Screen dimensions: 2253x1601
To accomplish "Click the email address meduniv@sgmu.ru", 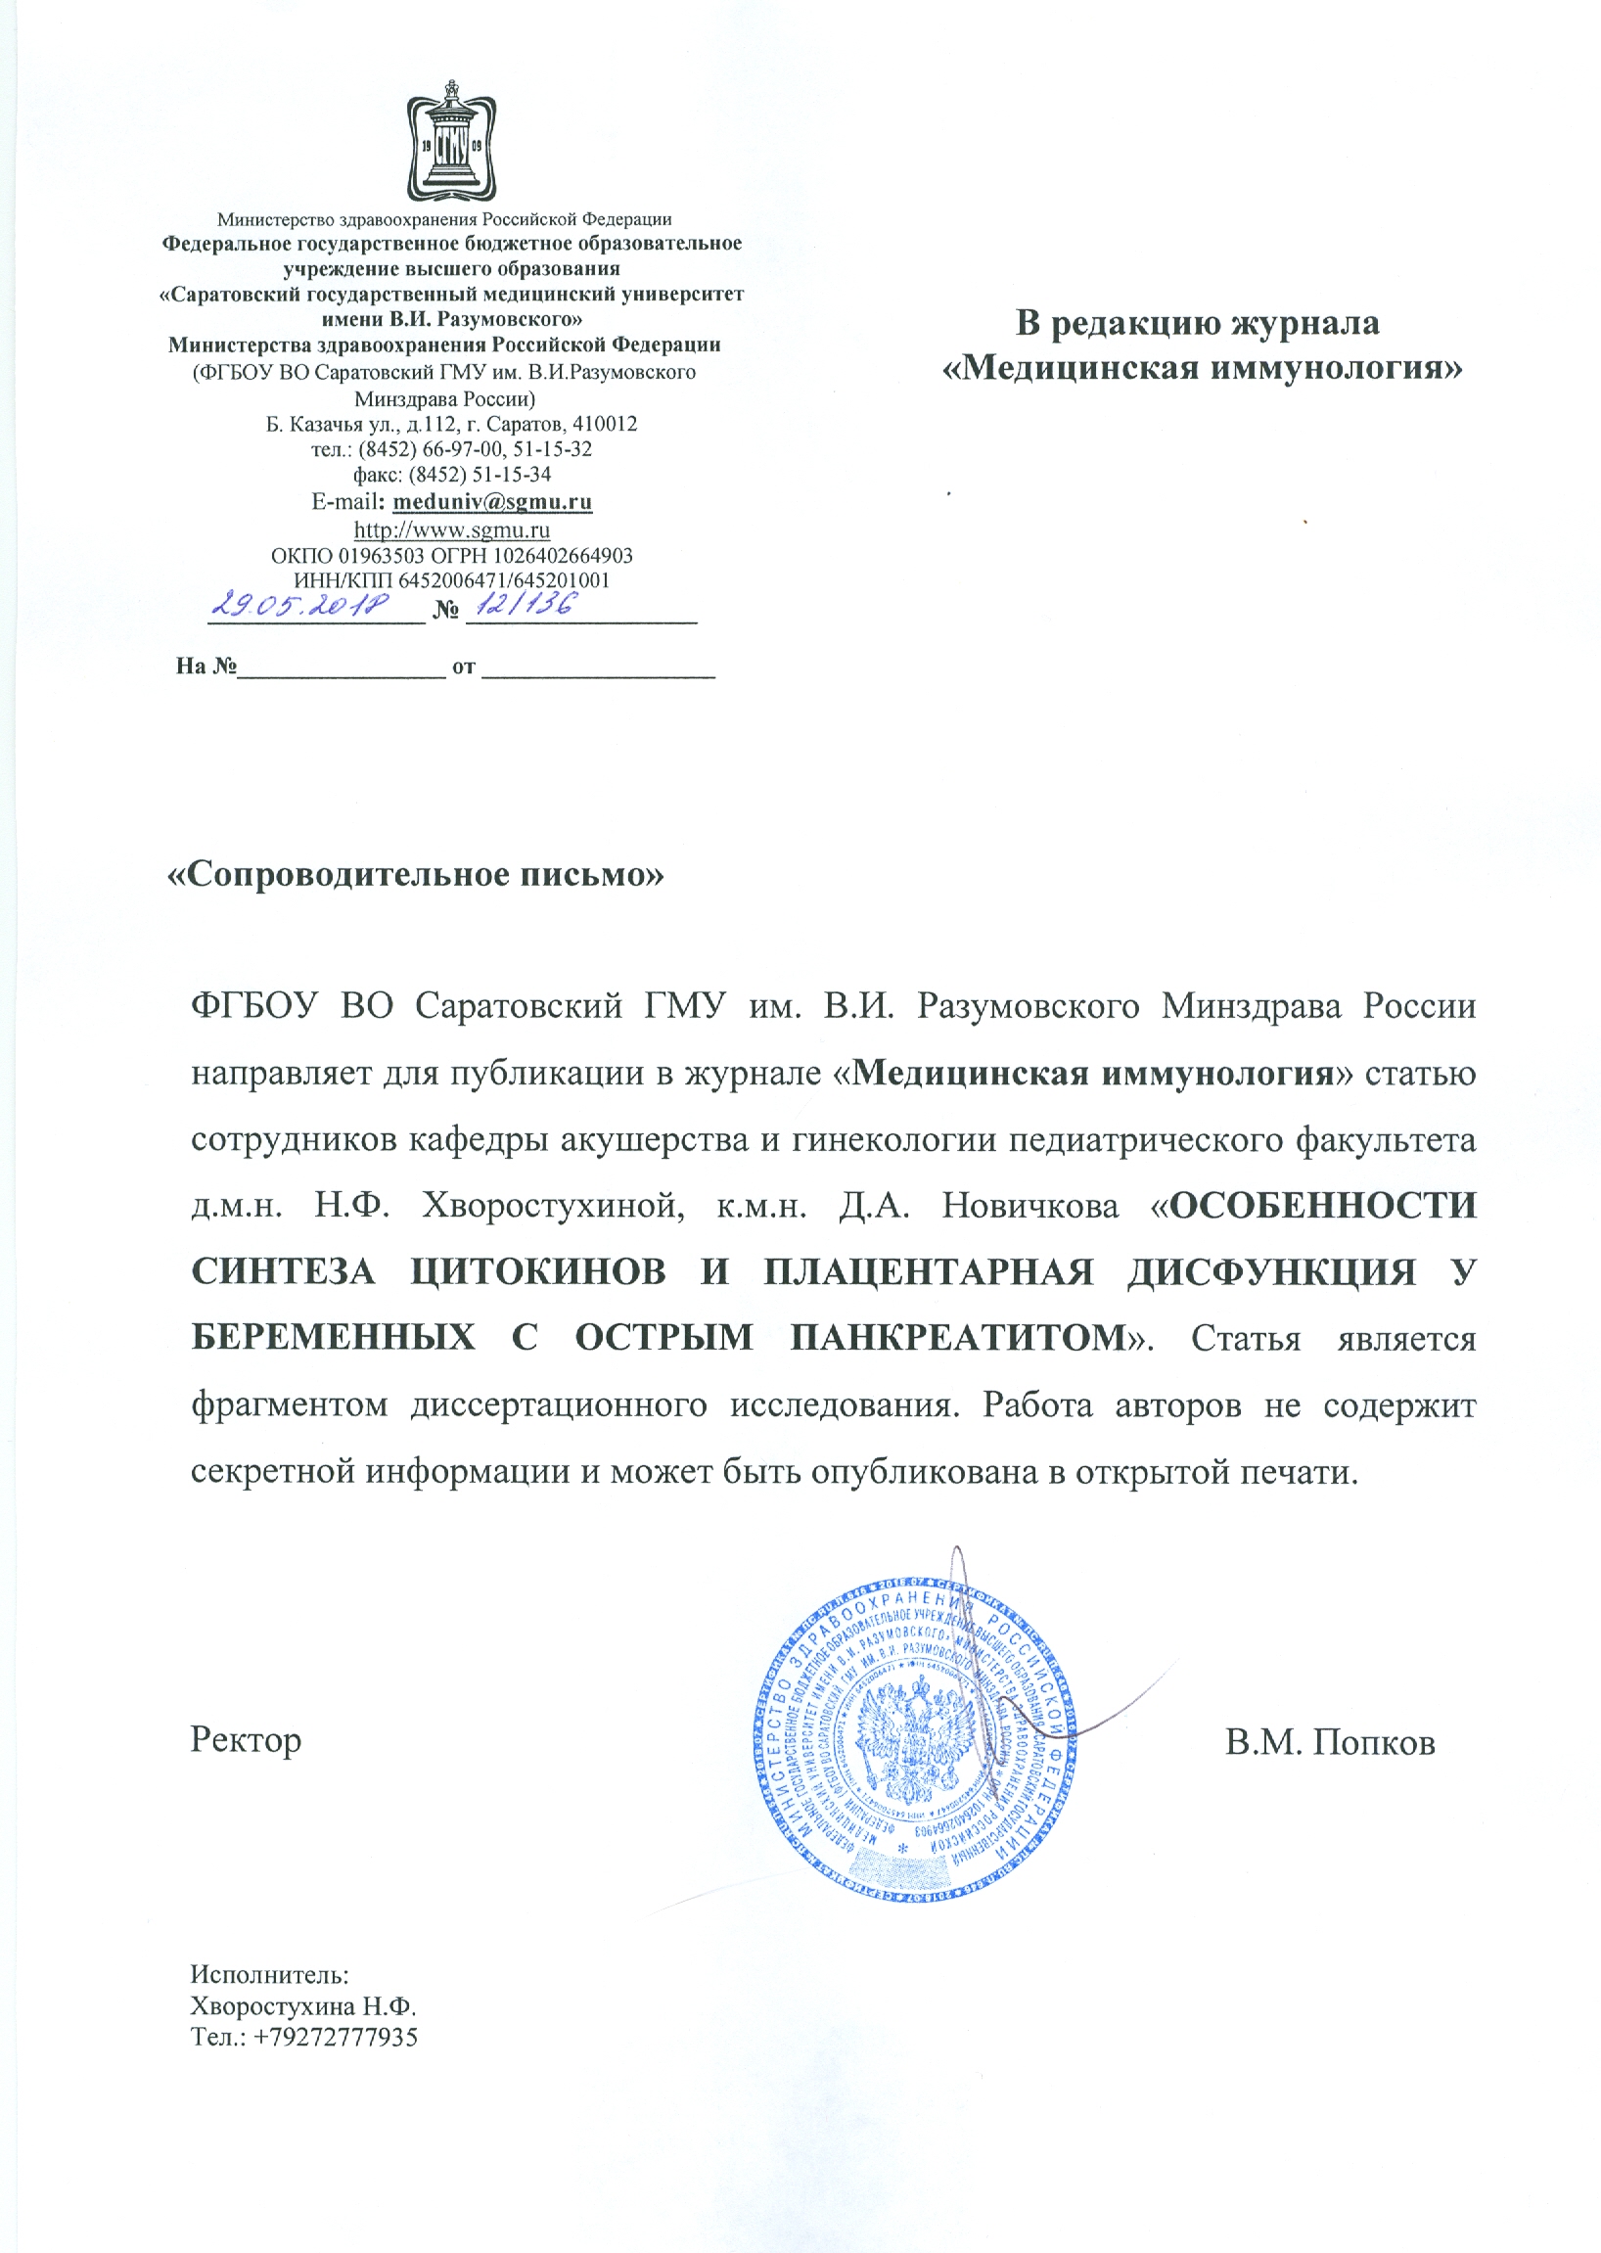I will (x=492, y=501).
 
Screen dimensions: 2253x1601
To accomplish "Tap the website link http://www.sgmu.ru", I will (x=451, y=529).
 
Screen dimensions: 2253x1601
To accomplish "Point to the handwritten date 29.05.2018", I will (x=301, y=604).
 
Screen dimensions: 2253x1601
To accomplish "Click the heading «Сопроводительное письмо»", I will (x=416, y=874).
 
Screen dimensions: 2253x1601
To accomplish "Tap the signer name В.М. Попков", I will (x=1330, y=1742).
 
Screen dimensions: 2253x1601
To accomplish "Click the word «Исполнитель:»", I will (x=269, y=1974).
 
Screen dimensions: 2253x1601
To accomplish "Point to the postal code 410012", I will (x=605, y=424).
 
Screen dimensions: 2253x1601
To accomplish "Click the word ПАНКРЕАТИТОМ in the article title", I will (x=959, y=1338).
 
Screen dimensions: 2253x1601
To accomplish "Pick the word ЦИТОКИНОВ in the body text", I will (x=537, y=1272).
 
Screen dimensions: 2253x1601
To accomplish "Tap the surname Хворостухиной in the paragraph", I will (x=553, y=1205).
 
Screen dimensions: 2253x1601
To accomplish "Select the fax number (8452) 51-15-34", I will (x=480, y=475).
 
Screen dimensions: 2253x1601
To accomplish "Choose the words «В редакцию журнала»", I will (x=1198, y=322).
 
